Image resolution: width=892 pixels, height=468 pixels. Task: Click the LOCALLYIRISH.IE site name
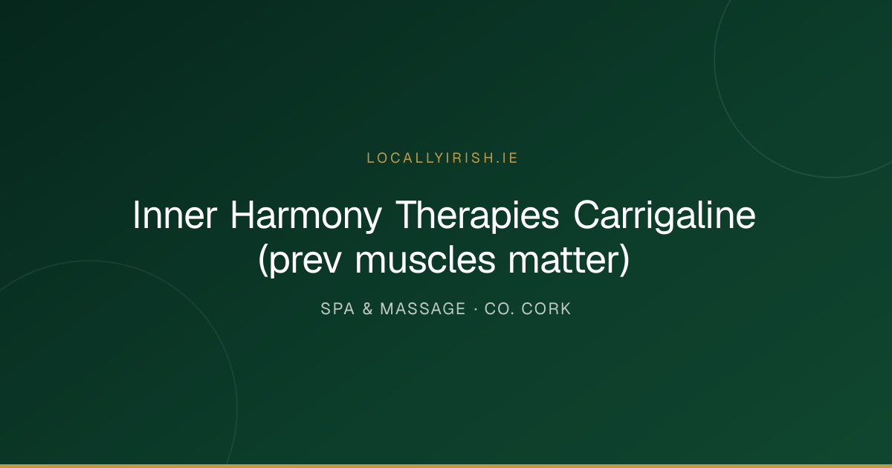[442, 158]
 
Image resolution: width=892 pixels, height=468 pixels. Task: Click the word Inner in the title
[175, 215]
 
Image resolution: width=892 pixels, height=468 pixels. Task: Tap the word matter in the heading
[563, 259]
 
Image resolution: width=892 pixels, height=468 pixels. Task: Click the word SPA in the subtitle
[337, 309]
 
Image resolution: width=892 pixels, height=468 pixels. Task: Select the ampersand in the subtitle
[367, 309]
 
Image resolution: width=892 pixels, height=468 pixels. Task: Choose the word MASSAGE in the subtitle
[423, 309]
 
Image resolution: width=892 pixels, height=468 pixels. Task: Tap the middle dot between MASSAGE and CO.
[476, 309]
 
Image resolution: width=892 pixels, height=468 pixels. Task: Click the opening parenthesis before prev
[263, 261]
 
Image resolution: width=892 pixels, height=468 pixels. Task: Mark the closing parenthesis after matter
[624, 261]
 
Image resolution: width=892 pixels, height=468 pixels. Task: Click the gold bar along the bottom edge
[446, 466]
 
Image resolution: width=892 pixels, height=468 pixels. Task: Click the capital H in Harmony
[242, 215]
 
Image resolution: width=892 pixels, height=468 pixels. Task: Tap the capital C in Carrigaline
[586, 215]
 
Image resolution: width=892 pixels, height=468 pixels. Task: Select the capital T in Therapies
[408, 215]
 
